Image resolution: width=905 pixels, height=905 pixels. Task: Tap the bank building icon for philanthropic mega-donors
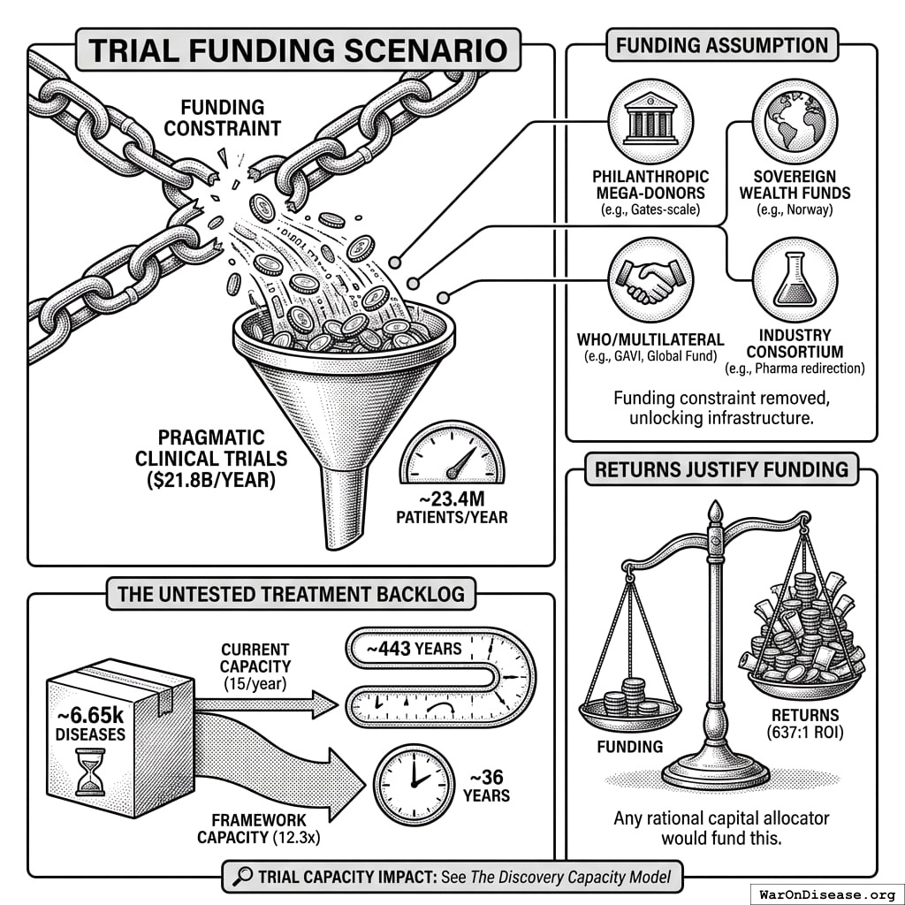[650, 121]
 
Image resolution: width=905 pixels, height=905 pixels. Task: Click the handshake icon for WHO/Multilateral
[650, 281]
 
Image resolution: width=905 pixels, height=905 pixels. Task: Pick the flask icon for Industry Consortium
[795, 281]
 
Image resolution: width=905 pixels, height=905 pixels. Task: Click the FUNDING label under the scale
[630, 746]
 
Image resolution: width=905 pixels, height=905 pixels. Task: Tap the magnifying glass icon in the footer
[240, 877]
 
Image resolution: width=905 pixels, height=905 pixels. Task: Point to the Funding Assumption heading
[720, 45]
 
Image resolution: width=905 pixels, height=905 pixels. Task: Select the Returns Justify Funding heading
[720, 468]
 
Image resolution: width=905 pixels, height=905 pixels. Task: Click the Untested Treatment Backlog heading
[291, 593]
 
